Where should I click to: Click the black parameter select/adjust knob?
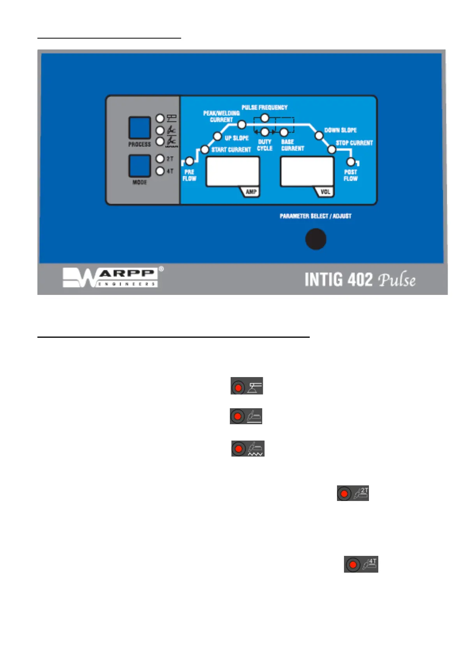316,239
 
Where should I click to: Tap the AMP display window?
233,171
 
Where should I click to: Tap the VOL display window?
307,171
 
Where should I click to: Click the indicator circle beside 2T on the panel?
160,159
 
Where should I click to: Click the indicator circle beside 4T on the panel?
160,171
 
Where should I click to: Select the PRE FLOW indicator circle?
189,161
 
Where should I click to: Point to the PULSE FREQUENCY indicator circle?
265,118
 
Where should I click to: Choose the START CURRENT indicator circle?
205,150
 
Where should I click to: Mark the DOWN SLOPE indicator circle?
319,136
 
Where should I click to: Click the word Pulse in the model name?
397,280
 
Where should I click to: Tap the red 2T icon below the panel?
353,494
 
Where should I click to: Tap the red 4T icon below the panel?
361,564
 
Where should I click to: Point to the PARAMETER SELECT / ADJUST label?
316,216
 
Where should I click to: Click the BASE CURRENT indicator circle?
284,132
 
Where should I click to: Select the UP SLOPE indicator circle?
217,136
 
